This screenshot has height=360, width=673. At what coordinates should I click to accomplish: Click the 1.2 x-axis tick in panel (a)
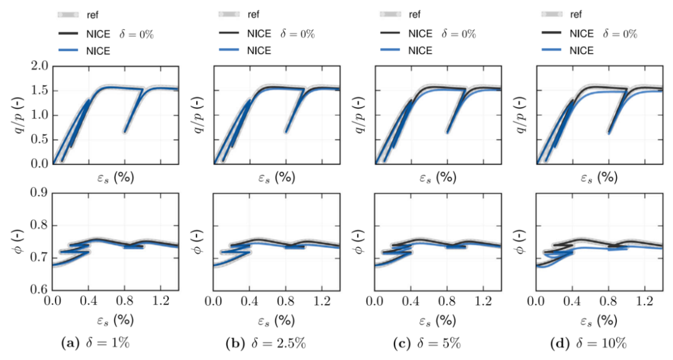pos(160,301)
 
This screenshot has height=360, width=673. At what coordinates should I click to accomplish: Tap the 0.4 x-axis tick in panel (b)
pos(249,301)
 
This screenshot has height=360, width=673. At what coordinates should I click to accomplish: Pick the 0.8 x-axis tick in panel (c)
pos(447,301)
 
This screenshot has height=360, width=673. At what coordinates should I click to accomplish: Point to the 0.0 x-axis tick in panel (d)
pos(536,301)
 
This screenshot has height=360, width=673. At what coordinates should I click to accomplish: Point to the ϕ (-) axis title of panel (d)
pos(520,242)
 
